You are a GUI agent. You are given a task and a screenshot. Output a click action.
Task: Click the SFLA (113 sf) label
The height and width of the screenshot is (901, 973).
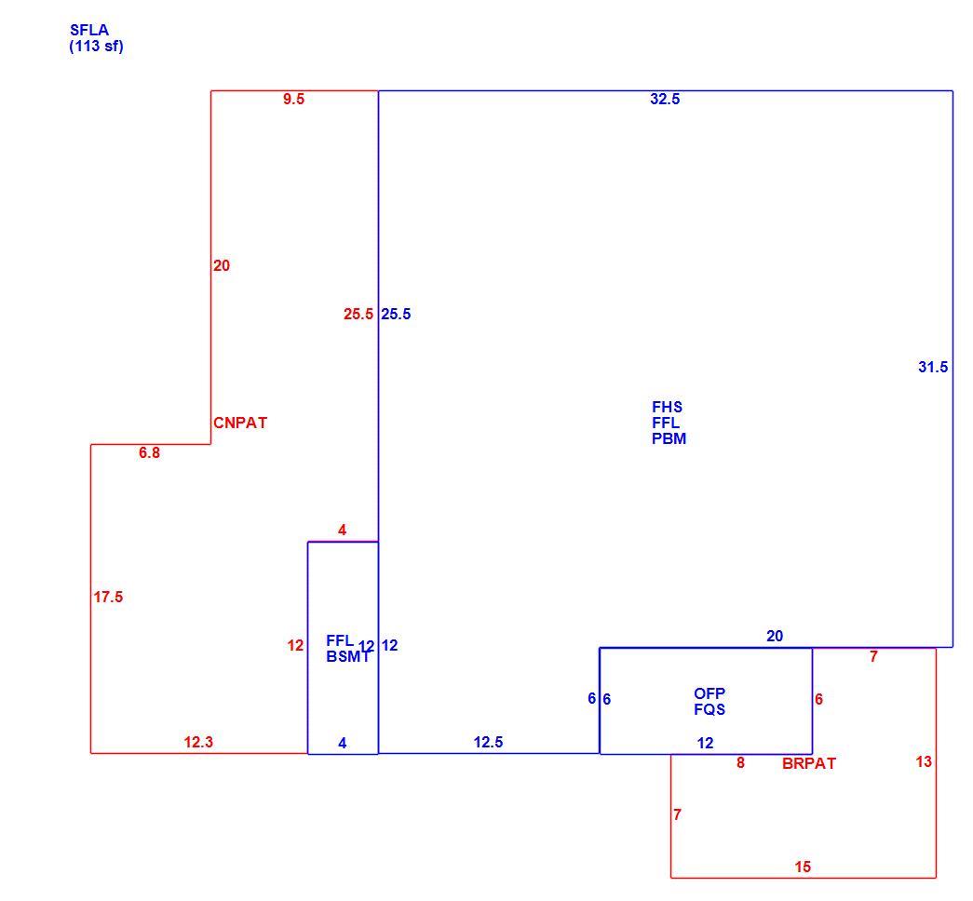pos(96,38)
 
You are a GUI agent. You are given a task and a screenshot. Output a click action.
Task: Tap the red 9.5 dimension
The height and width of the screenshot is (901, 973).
pos(293,100)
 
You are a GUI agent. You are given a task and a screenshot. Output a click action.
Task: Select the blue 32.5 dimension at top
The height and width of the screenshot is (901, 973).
pos(665,100)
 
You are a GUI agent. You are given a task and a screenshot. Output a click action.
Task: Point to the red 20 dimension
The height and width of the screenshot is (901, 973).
pos(222,265)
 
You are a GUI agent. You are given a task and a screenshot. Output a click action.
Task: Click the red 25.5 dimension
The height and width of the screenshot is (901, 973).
pos(358,314)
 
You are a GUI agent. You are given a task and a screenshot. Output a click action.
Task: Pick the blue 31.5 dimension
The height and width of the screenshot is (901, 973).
pos(933,368)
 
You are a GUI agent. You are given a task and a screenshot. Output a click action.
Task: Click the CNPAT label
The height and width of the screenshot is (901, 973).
pos(240,423)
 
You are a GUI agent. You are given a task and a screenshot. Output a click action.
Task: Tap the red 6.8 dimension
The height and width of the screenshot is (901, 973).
pos(149,453)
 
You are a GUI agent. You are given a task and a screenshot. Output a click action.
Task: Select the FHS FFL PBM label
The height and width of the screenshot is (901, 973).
pos(669,423)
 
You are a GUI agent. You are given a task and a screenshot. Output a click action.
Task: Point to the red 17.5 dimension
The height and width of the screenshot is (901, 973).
pos(109,597)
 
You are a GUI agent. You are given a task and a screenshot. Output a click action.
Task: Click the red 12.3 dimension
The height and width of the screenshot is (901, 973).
pos(198,742)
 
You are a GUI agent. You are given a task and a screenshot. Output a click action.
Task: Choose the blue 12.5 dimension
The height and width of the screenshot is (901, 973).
pos(488,742)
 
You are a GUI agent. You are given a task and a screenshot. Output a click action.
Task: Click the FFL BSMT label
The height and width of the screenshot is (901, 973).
pos(348,649)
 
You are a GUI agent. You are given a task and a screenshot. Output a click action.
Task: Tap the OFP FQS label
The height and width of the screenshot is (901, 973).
pos(709,701)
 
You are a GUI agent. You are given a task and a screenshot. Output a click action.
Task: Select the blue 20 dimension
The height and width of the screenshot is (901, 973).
pos(775,636)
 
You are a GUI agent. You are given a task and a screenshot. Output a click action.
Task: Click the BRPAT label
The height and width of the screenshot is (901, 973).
pos(809,764)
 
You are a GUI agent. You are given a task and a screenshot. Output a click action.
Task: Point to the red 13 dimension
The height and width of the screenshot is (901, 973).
pos(924,761)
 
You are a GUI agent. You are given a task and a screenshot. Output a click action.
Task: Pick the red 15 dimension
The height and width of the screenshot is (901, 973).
pos(803,867)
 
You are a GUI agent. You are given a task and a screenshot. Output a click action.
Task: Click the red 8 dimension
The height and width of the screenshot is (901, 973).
pos(740,762)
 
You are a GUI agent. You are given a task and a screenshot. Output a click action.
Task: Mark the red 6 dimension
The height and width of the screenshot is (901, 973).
pos(819,699)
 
